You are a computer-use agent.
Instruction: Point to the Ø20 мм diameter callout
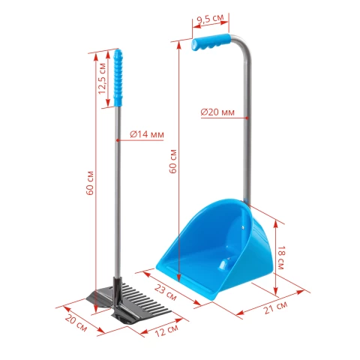click(217, 112)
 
